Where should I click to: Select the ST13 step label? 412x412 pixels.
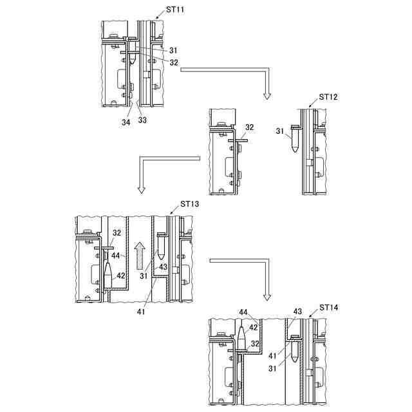tap(190, 204)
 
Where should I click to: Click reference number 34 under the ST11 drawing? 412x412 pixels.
tap(126, 122)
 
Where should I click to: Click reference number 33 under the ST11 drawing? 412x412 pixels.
tap(142, 119)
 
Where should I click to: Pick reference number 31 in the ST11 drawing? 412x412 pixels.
tap(174, 50)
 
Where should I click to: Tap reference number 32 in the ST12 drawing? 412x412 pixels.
tap(250, 127)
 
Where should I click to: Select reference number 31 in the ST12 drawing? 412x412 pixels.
tap(279, 131)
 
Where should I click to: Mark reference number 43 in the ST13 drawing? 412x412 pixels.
tap(163, 267)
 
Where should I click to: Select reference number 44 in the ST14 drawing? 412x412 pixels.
tap(244, 312)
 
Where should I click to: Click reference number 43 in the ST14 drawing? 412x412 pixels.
tap(297, 312)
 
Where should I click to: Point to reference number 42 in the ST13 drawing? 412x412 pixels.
tap(120, 276)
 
